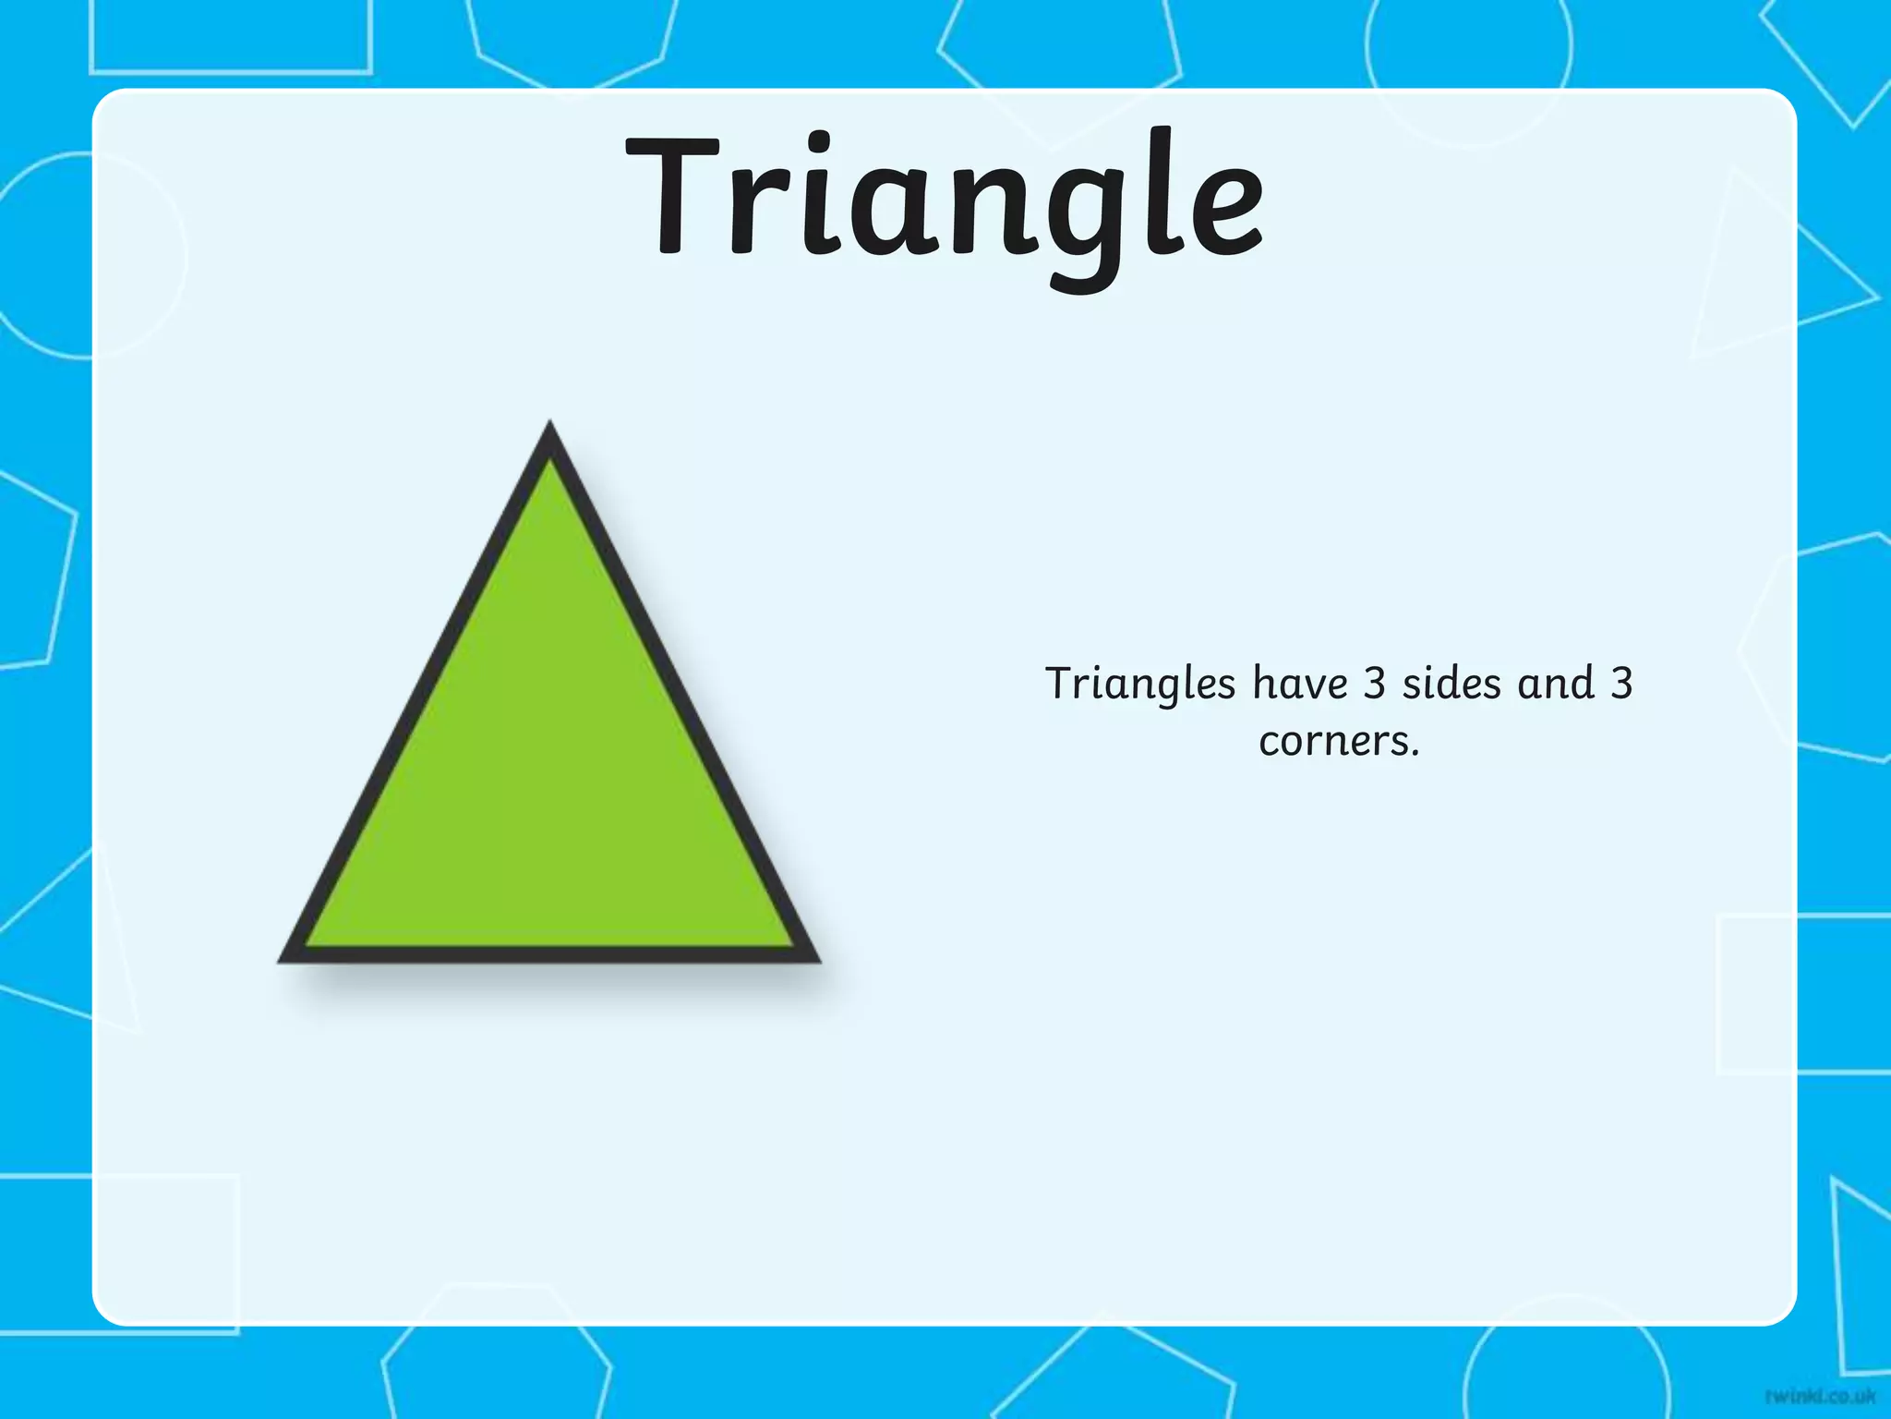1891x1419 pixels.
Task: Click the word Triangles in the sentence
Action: click(1139, 685)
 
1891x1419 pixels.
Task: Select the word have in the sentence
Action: click(1300, 685)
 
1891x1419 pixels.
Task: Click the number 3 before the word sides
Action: click(1375, 685)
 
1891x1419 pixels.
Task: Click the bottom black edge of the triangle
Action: click(549, 955)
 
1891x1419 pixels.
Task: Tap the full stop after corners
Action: click(1415, 754)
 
